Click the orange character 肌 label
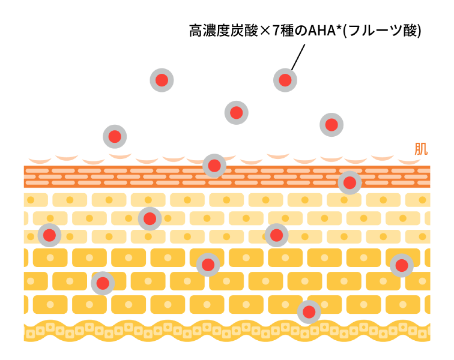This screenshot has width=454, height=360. point(420,148)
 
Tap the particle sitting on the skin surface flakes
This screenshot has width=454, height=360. point(214,166)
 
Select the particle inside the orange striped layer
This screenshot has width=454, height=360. point(350,183)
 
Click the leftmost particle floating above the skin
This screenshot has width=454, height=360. point(115,137)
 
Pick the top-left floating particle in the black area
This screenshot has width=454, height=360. point(162,80)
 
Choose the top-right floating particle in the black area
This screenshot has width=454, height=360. point(285,80)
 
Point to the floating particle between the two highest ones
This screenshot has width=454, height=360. point(237,113)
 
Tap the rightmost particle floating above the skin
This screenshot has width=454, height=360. point(331,125)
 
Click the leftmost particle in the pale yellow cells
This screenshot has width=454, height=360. point(49,235)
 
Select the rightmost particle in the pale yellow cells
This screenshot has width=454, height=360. point(276,235)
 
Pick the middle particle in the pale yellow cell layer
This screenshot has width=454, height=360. point(150,219)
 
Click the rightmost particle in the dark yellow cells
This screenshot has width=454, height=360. point(402,265)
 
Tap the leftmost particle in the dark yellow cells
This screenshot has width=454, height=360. point(103,283)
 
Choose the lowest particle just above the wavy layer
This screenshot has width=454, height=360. point(309,312)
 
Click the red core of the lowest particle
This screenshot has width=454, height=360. point(309,312)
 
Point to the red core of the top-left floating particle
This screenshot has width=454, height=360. point(162,80)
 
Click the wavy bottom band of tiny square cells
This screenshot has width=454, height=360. point(180,331)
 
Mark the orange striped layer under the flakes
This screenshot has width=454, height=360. point(120,177)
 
